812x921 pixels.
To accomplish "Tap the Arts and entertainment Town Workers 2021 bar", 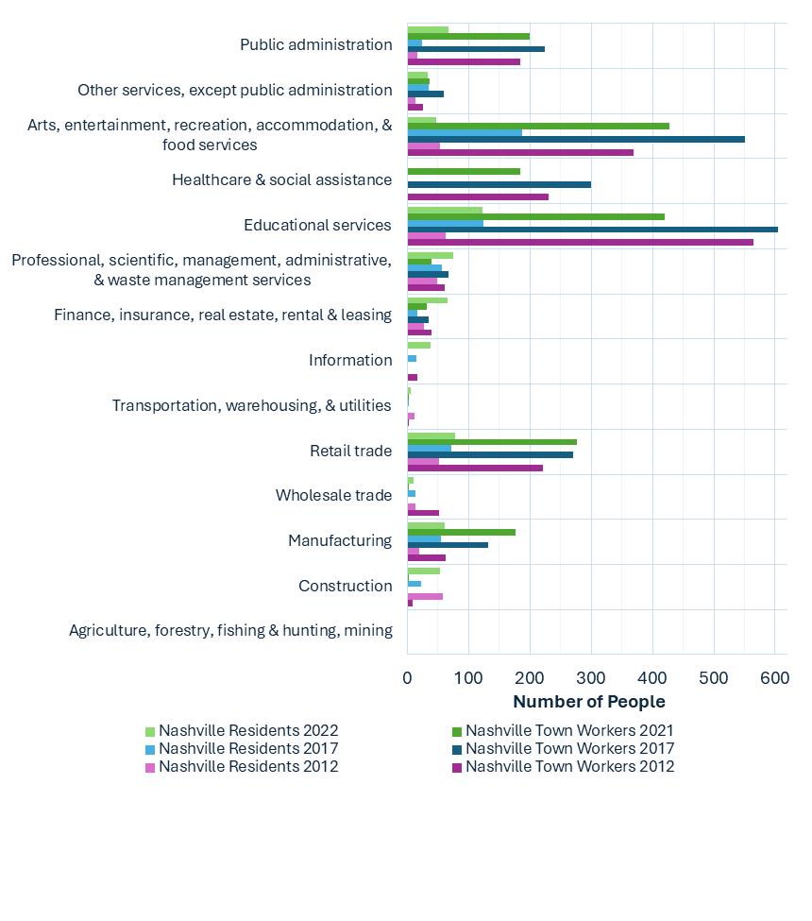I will (x=538, y=126).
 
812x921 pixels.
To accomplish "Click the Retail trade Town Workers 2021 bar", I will (x=492, y=442).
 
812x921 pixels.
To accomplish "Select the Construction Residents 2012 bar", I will (x=425, y=596).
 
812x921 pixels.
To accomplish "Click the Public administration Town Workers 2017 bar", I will (x=476, y=48).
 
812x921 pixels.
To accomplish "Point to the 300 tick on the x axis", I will (x=591, y=677).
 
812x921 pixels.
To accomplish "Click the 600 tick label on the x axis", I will (x=774, y=677).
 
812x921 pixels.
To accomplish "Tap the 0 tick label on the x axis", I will (x=408, y=677).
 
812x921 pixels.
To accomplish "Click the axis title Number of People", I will (x=588, y=702).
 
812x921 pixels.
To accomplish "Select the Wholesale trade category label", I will (x=333, y=495).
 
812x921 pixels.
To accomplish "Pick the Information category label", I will (x=349, y=360).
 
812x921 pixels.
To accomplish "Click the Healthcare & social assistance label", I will (x=281, y=179).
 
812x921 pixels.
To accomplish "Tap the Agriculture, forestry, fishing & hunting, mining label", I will (x=230, y=630).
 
